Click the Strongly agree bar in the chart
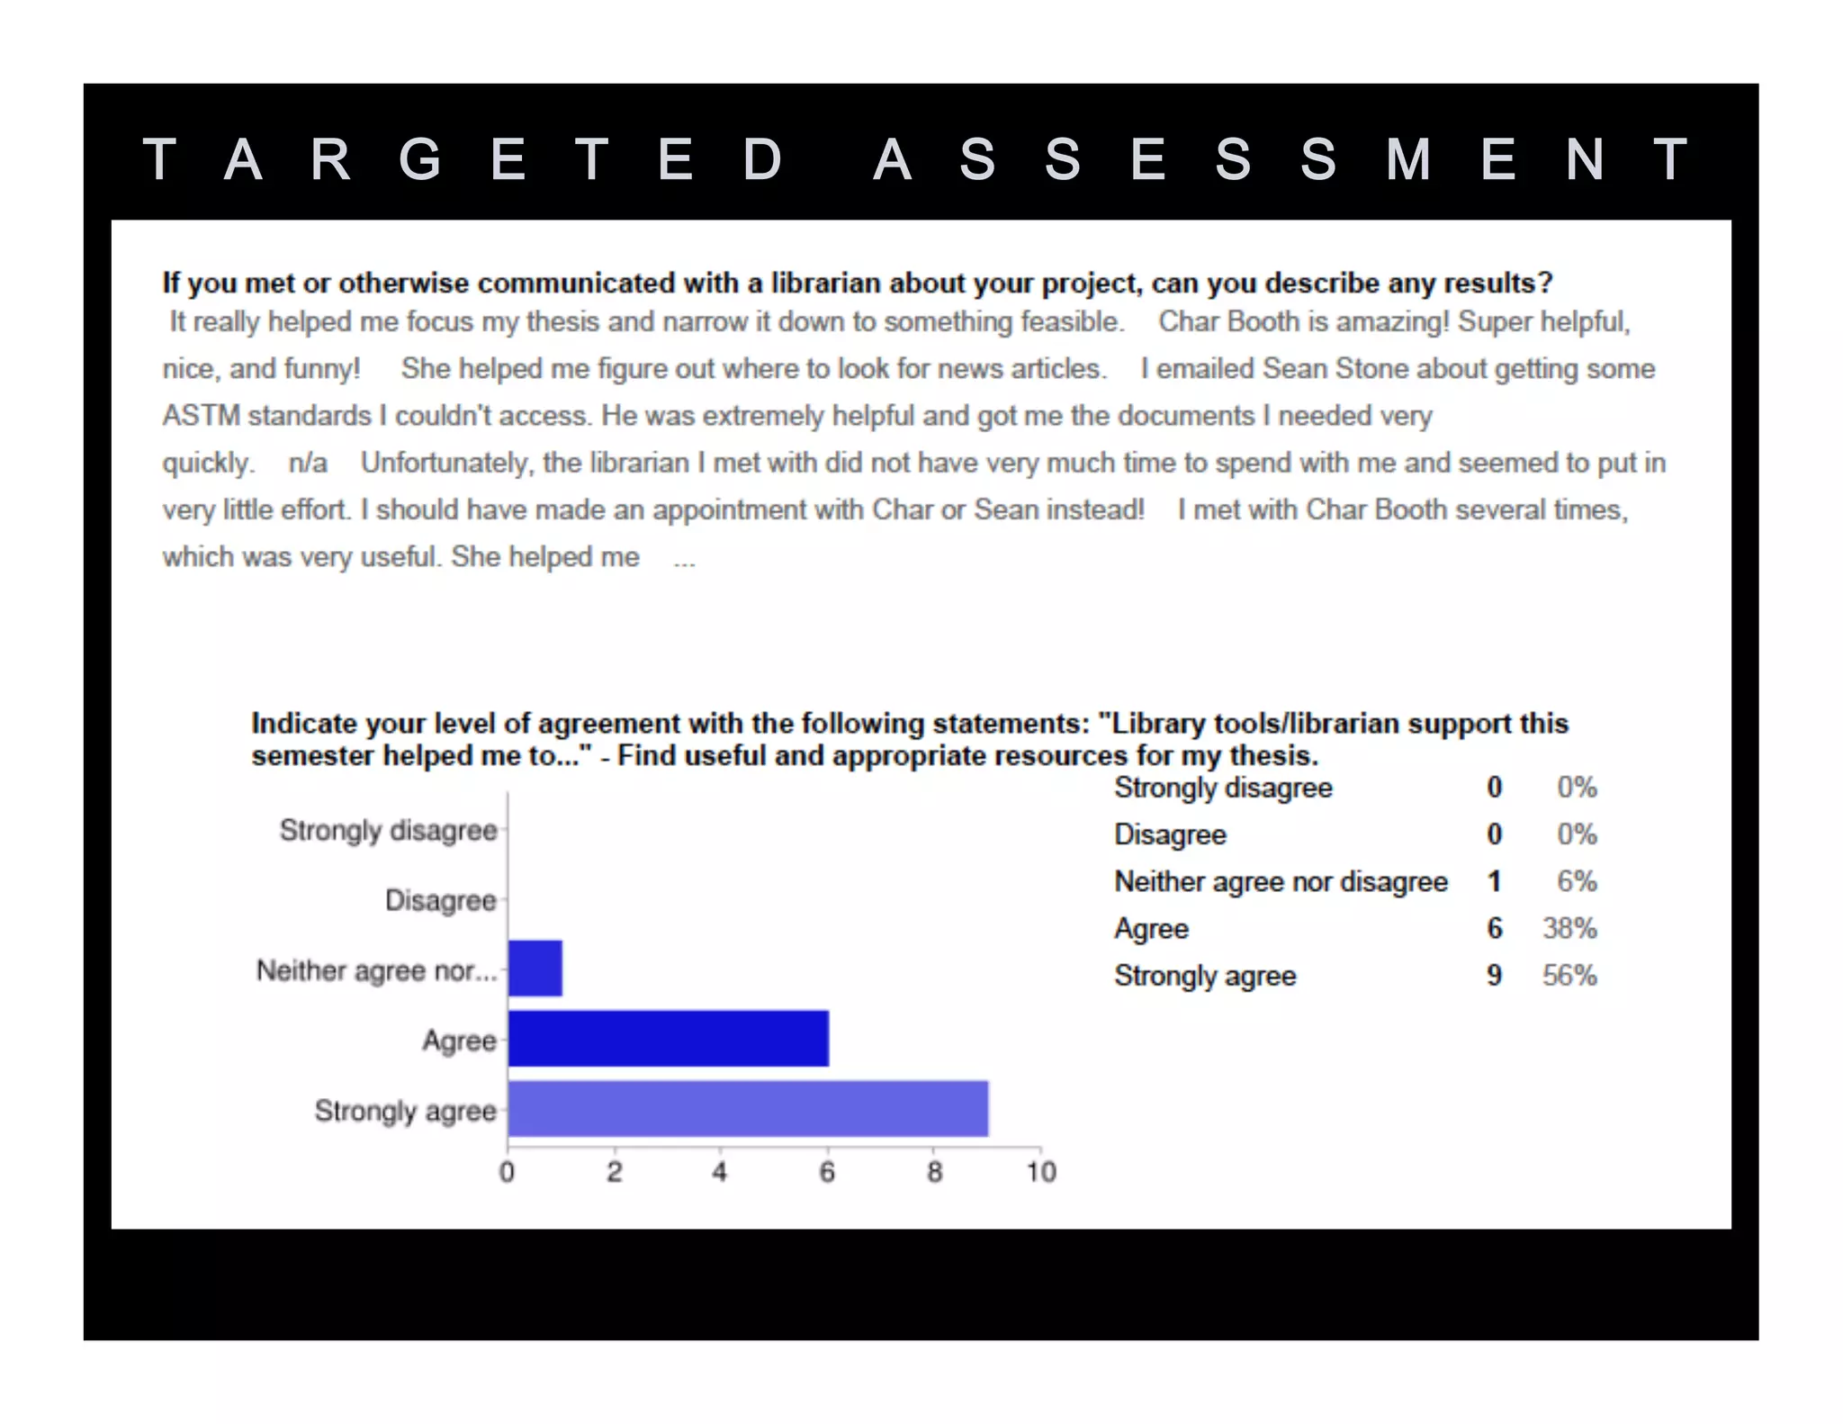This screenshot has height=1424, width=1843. pyautogui.click(x=748, y=1109)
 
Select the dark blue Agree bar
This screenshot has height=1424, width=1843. pyautogui.click(x=668, y=1039)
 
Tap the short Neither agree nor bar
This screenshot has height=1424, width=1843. pyautogui.click(x=535, y=969)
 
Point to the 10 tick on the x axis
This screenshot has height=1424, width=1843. pyautogui.click(x=1041, y=1172)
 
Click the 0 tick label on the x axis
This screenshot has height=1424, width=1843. pyautogui.click(x=508, y=1172)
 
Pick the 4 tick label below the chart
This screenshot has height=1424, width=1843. pyautogui.click(x=720, y=1172)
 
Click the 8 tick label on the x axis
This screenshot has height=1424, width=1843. pyautogui.click(x=935, y=1172)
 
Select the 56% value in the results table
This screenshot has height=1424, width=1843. pyautogui.click(x=1569, y=976)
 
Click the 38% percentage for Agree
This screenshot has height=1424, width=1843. pyautogui.click(x=1569, y=928)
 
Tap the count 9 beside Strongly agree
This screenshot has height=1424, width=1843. pyautogui.click(x=1494, y=976)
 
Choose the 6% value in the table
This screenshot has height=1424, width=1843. pyautogui.click(x=1577, y=881)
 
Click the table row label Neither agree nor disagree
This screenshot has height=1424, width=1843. pyautogui.click(x=1281, y=881)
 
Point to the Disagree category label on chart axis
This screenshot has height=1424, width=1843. pyautogui.click(x=441, y=900)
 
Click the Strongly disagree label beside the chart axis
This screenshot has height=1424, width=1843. pyautogui.click(x=388, y=830)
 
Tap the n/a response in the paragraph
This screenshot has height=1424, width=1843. pyautogui.click(x=308, y=464)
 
